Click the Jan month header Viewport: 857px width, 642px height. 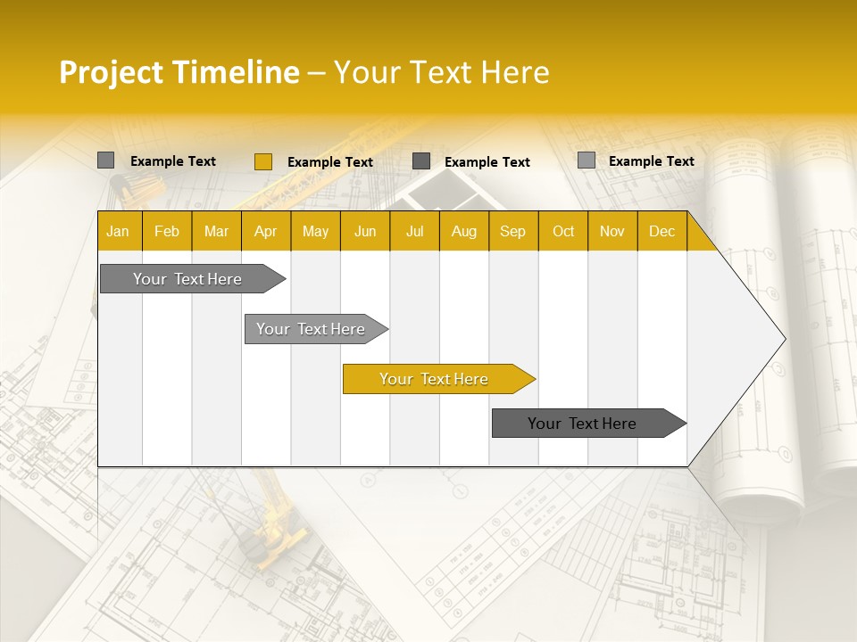tap(118, 231)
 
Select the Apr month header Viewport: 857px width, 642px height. tap(265, 231)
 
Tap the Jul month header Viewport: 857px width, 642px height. tap(414, 231)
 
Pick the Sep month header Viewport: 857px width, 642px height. tap(512, 231)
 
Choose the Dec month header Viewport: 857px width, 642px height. tap(661, 231)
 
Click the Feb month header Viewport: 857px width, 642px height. tap(167, 231)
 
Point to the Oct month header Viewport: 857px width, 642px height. tap(562, 231)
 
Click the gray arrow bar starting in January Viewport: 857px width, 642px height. tap(188, 279)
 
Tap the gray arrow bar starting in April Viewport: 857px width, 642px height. tap(312, 329)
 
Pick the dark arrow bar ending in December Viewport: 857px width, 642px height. tap(583, 424)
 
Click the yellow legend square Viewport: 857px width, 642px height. tap(262, 161)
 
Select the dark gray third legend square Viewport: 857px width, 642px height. tap(421, 161)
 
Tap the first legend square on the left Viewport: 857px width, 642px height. tap(105, 160)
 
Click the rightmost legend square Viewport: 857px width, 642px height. tap(587, 160)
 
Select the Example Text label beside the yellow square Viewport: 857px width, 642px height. tap(329, 162)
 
